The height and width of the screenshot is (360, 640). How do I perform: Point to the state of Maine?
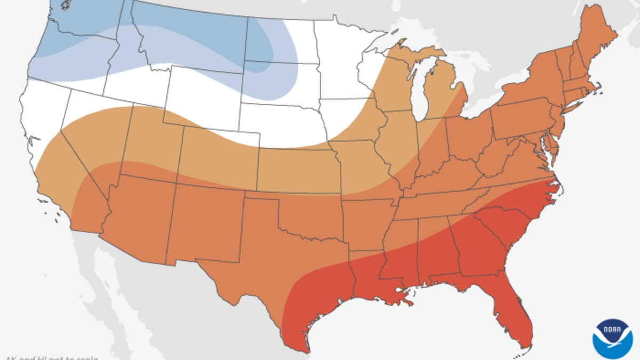click(x=596, y=37)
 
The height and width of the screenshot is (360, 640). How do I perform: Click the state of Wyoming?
click(x=205, y=99)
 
